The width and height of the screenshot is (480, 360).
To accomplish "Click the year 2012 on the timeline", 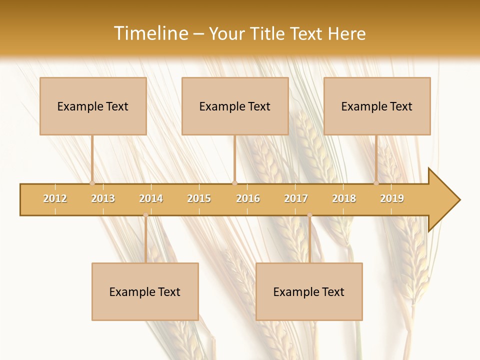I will pyautogui.click(x=55, y=198).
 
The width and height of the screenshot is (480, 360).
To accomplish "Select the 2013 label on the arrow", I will pyautogui.click(x=103, y=198).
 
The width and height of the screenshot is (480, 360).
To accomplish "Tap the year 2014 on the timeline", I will pyautogui.click(x=151, y=198).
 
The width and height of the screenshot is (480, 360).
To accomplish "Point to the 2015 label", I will pyautogui.click(x=199, y=198).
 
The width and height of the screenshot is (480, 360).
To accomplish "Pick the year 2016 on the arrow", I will pyautogui.click(x=248, y=198).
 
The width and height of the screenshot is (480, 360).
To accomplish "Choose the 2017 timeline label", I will pyautogui.click(x=296, y=198).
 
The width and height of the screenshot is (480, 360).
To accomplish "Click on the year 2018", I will pyautogui.click(x=344, y=198).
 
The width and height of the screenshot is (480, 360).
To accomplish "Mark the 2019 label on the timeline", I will pyautogui.click(x=392, y=198).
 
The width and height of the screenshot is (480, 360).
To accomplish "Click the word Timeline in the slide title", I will pyautogui.click(x=150, y=33).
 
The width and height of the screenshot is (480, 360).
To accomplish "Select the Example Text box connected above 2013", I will pyautogui.click(x=93, y=106).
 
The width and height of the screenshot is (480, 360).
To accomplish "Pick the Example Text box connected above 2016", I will pyautogui.click(x=235, y=106).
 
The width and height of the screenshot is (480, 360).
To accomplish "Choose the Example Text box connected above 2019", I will pyautogui.click(x=377, y=106).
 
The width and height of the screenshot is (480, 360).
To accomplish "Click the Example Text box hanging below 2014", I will pyautogui.click(x=145, y=291).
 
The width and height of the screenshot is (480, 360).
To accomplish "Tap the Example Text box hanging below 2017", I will pyautogui.click(x=309, y=291).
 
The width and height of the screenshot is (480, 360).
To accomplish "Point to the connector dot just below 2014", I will pyautogui.click(x=145, y=215).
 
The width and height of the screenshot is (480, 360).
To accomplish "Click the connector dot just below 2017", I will pyautogui.click(x=309, y=215).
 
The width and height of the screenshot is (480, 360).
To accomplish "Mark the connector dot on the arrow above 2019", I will pyautogui.click(x=376, y=183).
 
